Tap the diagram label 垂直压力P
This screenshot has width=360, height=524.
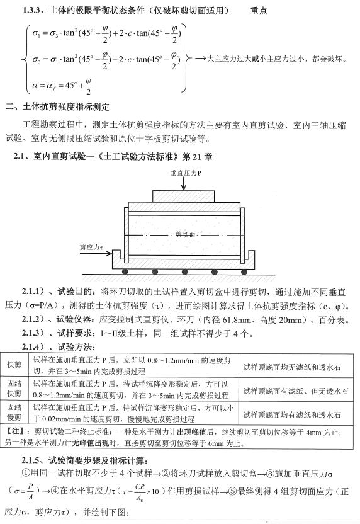184,172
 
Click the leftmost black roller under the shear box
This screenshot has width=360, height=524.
127,271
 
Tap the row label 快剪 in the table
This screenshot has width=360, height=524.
14,365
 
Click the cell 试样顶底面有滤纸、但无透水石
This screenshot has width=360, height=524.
295,390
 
